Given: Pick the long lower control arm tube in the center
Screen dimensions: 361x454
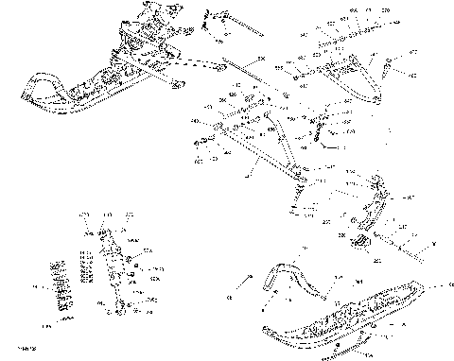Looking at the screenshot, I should coord(255,156).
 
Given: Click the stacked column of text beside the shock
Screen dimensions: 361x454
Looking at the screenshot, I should coord(87,266).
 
